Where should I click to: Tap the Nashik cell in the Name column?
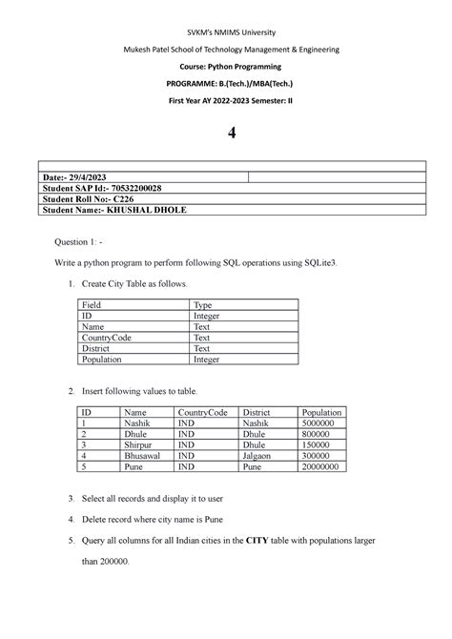138,422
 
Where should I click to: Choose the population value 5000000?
319,422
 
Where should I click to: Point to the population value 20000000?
322,468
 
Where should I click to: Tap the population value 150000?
317,444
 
